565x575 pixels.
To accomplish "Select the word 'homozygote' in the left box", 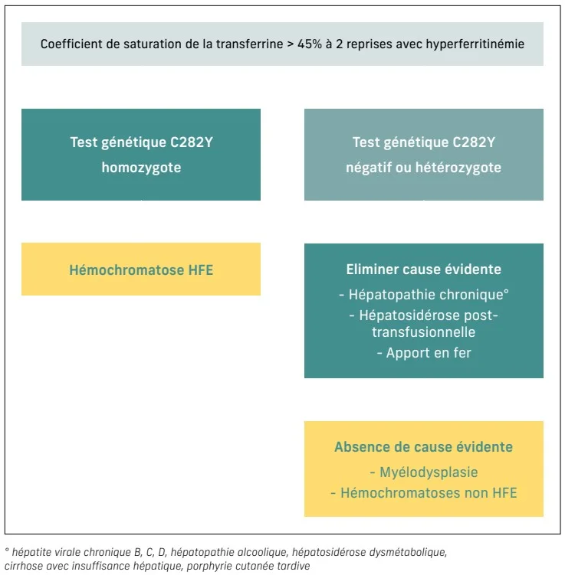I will pyautogui.click(x=141, y=167).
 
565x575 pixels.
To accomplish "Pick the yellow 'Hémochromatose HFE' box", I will pyautogui.click(x=141, y=270).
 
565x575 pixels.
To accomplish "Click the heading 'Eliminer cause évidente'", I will pyautogui.click(x=423, y=270).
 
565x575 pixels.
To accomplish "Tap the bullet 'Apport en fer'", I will pyautogui.click(x=423, y=353).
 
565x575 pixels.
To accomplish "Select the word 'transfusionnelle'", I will pyautogui.click(x=423, y=332).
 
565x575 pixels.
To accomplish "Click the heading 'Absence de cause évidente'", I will pyautogui.click(x=423, y=447).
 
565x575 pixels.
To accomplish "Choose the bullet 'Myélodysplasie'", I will pyautogui.click(x=423, y=472).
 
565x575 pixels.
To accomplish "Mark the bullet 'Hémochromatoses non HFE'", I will pyautogui.click(x=423, y=492).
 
